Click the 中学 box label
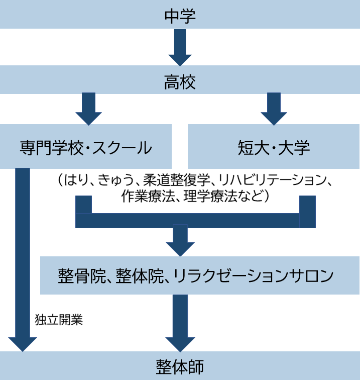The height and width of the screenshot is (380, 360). [180, 16]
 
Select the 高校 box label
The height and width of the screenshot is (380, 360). [180, 81]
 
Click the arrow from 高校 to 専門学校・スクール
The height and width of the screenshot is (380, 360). [88, 108]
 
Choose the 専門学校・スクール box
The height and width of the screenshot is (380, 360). [86, 147]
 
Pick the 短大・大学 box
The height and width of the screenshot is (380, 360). [274, 147]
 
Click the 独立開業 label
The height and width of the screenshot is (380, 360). [59, 320]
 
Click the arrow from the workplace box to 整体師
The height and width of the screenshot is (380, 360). [180, 322]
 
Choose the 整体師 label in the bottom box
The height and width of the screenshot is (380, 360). [180, 366]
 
